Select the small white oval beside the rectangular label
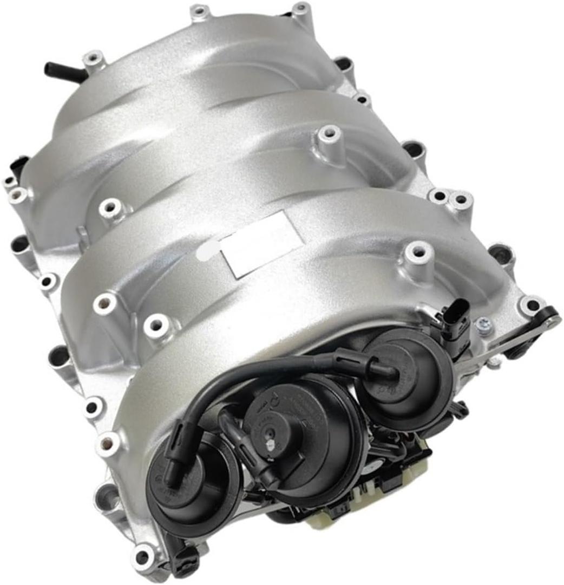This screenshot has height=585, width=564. pyautogui.click(x=209, y=250)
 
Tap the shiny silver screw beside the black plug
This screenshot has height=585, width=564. pyautogui.click(x=481, y=324)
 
